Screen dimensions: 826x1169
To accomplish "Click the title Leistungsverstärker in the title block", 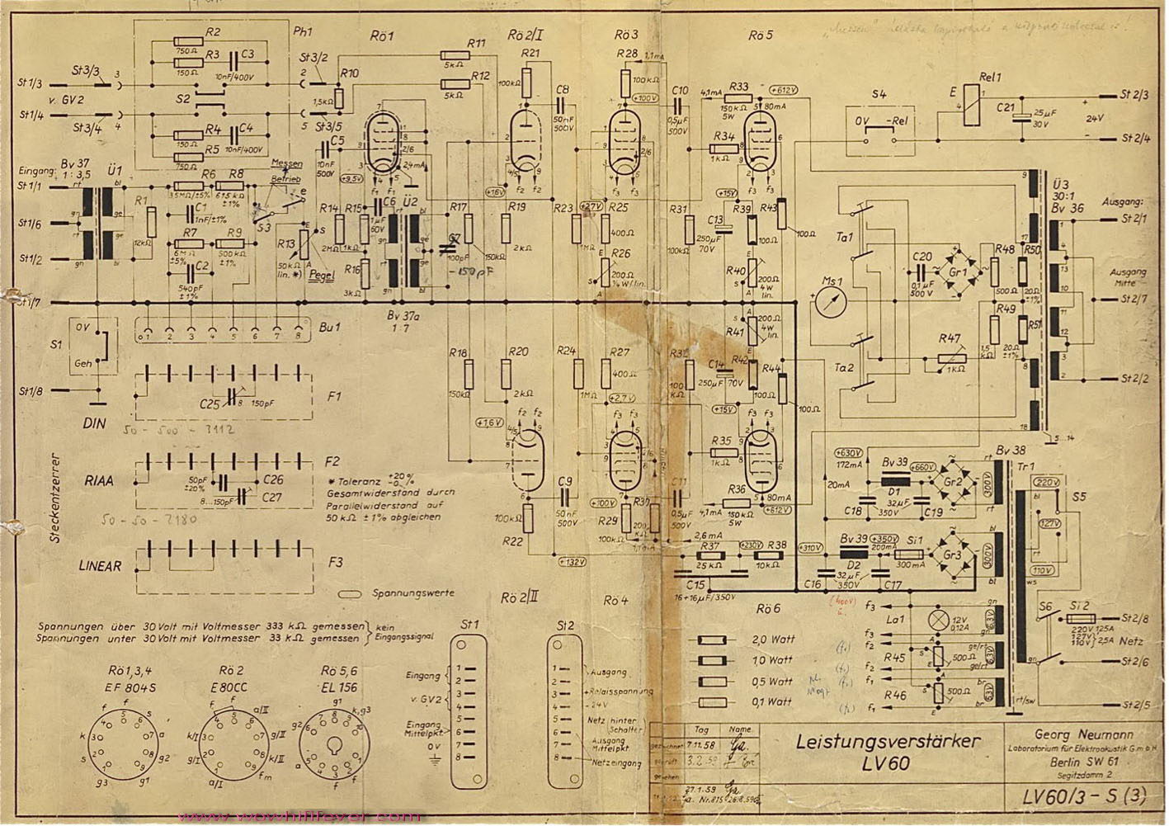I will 889,741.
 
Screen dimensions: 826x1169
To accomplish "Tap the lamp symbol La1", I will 937,619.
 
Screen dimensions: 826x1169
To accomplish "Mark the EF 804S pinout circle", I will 125,741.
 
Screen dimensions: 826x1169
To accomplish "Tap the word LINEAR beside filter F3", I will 101,567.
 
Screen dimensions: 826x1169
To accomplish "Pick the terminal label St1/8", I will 31,390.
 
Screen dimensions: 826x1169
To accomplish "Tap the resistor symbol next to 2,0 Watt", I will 714,640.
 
